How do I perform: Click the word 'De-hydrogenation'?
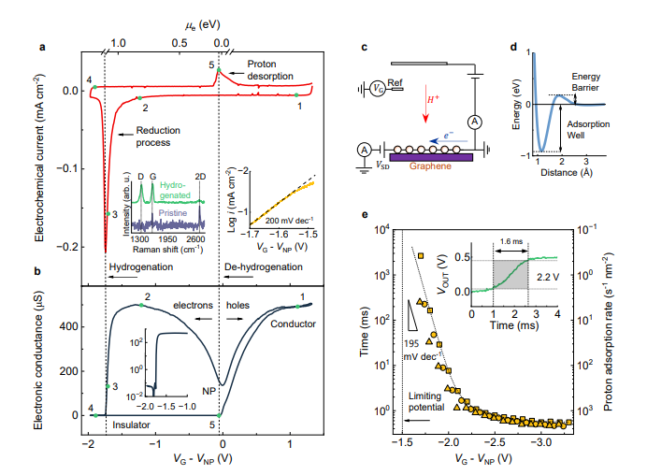[264, 266]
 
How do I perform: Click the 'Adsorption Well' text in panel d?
[590, 127]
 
